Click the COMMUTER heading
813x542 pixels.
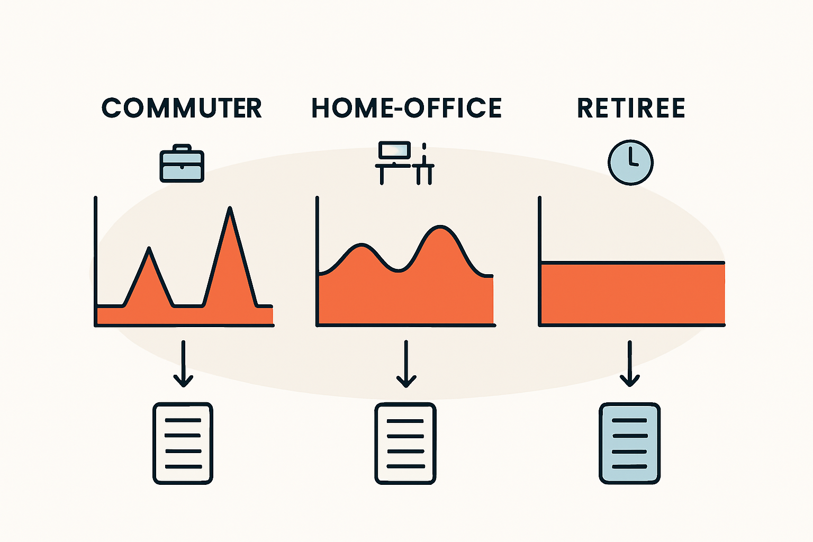tap(182, 108)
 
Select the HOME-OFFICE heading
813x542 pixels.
tap(406, 108)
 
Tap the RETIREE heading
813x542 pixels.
tap(631, 108)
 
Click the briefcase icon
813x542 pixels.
tap(182, 164)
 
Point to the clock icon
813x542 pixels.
tap(631, 162)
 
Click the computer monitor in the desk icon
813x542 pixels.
tap(394, 150)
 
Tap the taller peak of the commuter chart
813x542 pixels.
tap(230, 209)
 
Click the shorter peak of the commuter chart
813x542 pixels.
tap(149, 248)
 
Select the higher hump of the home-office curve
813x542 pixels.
tap(440, 227)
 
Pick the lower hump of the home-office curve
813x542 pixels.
tap(362, 245)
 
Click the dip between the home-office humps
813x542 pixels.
tap(398, 270)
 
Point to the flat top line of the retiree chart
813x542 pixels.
tap(633, 263)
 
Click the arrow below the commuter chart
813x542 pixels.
tap(183, 364)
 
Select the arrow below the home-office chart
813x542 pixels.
tap(406, 364)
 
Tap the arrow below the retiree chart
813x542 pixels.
tap(630, 364)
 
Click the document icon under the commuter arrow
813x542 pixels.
tap(183, 443)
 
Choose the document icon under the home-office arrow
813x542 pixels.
tap(405, 443)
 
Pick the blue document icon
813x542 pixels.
tap(630, 443)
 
